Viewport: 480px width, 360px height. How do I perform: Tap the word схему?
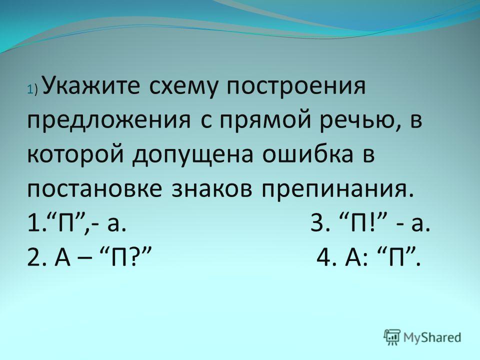(184, 86)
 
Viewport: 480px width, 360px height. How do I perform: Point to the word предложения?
(109, 121)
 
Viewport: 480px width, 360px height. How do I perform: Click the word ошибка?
(307, 154)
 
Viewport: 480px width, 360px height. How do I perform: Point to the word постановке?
(94, 189)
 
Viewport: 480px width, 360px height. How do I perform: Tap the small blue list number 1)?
(32, 89)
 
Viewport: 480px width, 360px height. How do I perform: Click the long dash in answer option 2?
(89, 258)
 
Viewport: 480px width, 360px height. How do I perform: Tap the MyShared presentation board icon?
(392, 337)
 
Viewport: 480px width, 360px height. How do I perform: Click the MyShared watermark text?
(432, 337)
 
